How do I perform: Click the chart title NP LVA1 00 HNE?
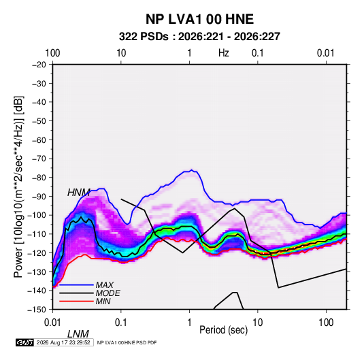[199, 19]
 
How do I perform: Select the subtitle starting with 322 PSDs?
[199, 37]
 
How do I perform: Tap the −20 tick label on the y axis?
[39, 65]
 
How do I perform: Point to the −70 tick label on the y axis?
[39, 159]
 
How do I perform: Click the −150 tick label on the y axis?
[37, 310]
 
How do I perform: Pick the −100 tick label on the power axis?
[37, 215]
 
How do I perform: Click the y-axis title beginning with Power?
[18, 186]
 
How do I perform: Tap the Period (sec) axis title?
[224, 330]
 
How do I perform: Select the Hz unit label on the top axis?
[224, 53]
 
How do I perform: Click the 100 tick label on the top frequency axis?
[52, 53]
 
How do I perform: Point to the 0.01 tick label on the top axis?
[326, 53]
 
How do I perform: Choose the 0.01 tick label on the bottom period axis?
[52, 323]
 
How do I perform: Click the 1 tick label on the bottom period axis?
[189, 323]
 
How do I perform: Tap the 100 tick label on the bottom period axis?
[326, 323]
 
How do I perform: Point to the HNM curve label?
[79, 193]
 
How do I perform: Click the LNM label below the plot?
[78, 334]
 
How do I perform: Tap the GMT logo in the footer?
[25, 342]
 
